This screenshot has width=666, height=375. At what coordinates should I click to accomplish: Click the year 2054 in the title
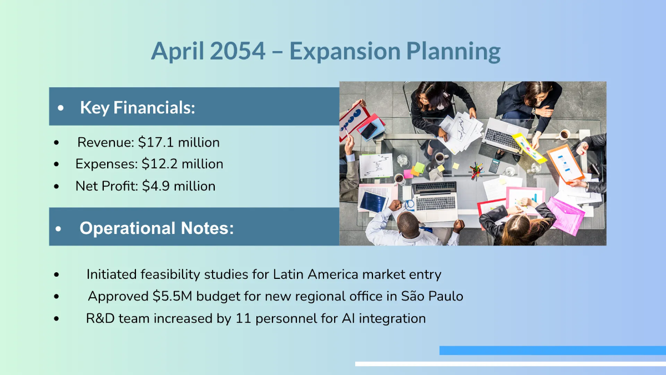tap(238, 51)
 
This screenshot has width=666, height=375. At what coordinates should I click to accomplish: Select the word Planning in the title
tap(453, 52)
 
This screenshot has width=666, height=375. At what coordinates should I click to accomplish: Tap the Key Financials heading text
tap(138, 107)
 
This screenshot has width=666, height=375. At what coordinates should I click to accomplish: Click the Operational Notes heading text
tap(157, 228)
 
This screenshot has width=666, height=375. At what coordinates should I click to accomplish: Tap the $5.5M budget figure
tap(173, 296)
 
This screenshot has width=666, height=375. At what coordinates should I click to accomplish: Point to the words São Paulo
tap(432, 296)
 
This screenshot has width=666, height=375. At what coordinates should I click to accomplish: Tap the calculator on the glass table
tap(494, 166)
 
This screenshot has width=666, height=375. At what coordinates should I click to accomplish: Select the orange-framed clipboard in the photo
tap(564, 164)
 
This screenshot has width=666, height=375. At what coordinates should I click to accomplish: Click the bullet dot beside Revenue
tap(57, 143)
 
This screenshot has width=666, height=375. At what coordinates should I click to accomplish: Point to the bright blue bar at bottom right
tap(553, 351)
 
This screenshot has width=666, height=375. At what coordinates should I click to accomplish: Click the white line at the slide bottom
tap(511, 364)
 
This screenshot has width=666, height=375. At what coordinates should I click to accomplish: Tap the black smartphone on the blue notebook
tap(369, 131)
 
